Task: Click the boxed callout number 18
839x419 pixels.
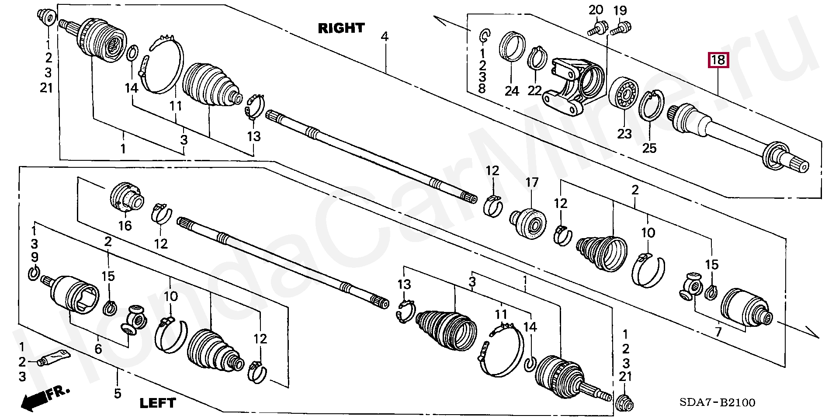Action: click(718, 59)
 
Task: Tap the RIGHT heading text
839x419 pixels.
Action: click(341, 28)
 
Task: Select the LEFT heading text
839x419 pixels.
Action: click(157, 403)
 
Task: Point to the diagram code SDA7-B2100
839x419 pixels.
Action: click(717, 402)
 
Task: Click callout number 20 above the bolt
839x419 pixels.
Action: click(596, 10)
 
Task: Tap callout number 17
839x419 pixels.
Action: click(532, 182)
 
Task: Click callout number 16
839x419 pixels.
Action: click(125, 225)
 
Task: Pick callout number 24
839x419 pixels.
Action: click(512, 91)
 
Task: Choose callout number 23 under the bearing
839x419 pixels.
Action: click(624, 133)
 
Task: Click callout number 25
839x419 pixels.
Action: click(649, 148)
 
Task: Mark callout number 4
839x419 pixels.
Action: click(385, 36)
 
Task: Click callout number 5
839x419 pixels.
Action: click(117, 393)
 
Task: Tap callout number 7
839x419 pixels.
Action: click(718, 332)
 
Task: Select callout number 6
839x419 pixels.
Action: click(98, 348)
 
